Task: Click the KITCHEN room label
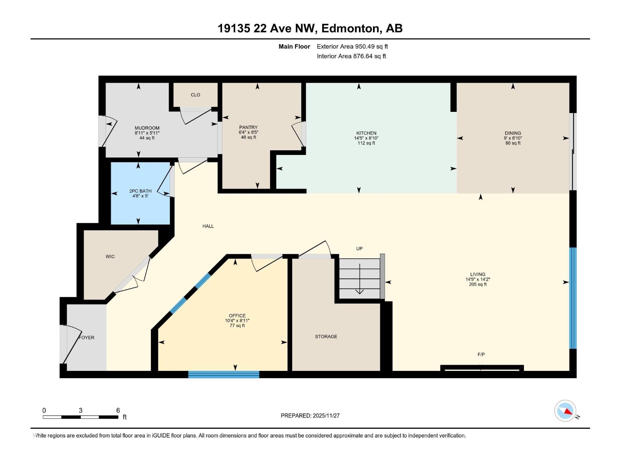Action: (366, 133)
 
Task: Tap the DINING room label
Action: (513, 133)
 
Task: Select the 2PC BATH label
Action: (141, 191)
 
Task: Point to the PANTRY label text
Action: (248, 127)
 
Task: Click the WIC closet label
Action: (110, 257)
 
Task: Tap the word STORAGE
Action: (326, 337)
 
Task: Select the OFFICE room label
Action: (237, 316)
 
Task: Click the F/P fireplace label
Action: (481, 354)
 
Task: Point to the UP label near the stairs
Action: (359, 249)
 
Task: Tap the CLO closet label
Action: (195, 95)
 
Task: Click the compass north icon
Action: (565, 411)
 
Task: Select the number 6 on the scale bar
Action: (118, 410)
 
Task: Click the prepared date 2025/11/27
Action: (326, 416)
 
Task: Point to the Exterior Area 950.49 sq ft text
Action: (352, 47)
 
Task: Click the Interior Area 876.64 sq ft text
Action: (351, 56)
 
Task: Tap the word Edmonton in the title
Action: (350, 28)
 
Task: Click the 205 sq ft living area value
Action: (477, 284)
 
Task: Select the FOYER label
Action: (87, 338)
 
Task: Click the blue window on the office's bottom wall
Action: (224, 374)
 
